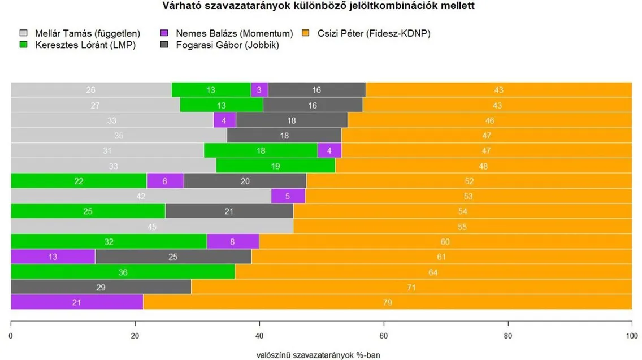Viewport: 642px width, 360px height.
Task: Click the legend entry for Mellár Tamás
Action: (x=79, y=33)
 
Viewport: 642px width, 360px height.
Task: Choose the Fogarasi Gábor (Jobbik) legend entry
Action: (x=221, y=45)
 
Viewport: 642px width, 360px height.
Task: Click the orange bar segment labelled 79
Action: (x=387, y=302)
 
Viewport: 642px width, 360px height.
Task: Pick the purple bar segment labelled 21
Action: (x=77, y=302)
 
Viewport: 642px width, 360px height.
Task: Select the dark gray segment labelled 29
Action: (x=101, y=287)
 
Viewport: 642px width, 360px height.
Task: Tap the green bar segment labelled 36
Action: (x=123, y=272)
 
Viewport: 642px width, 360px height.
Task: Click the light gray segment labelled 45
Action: (x=151, y=227)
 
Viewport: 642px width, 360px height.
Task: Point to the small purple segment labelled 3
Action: (x=259, y=90)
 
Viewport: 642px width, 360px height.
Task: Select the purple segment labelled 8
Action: (x=233, y=241)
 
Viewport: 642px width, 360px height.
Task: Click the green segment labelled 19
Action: (x=275, y=166)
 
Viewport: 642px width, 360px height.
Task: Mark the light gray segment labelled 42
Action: (x=141, y=196)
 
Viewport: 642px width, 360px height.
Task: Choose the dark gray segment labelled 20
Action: (x=245, y=181)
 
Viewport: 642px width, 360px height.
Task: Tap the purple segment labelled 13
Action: (x=53, y=257)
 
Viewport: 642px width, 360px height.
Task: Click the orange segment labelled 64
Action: (x=433, y=272)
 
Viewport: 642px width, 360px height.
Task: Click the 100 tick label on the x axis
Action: (x=631, y=335)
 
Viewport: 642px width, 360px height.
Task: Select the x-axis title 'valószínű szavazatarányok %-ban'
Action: (x=321, y=355)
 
